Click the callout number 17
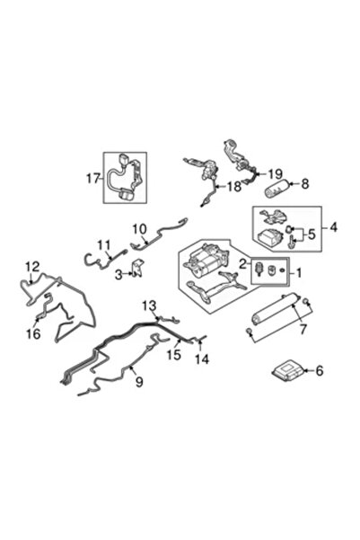93,179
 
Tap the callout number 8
305,183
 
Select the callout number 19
275,174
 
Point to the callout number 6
320,370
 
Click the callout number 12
32,266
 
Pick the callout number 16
34,333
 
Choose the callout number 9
139,381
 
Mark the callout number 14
202,359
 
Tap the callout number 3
119,274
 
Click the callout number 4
333,227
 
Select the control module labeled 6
286,372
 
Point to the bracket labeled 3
138,268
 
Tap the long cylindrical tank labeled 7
275,309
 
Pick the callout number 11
104,245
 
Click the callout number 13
149,305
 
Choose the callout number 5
312,235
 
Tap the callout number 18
234,186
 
